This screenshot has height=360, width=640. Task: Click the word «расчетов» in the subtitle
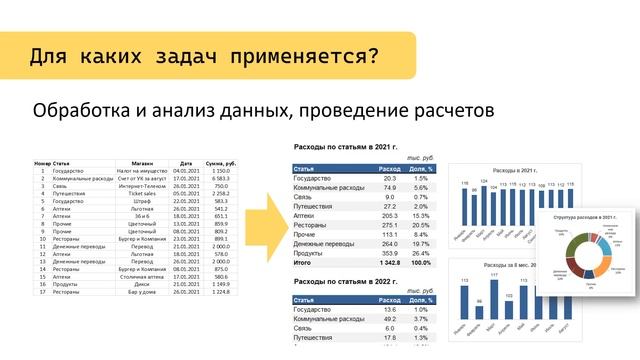[446, 109]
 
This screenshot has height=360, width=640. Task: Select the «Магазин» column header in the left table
[142, 162]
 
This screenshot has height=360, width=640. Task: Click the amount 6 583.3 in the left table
[220, 177]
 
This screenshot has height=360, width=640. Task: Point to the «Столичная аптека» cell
[142, 278]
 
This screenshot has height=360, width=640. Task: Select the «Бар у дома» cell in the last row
[142, 293]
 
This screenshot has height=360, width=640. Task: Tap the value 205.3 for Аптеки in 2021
[390, 216]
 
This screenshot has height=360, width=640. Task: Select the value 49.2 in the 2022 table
[390, 319]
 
